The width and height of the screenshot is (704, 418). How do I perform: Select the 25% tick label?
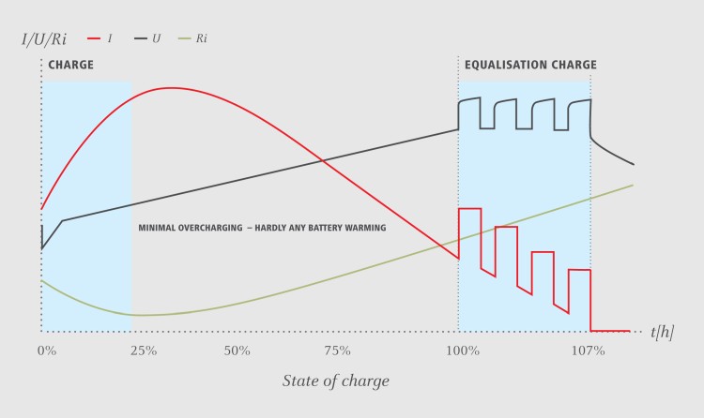143,351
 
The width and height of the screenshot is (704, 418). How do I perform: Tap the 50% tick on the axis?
237,351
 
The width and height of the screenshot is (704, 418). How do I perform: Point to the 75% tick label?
336,351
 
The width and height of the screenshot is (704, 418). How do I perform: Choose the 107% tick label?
588,351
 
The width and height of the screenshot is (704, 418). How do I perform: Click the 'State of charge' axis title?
335,381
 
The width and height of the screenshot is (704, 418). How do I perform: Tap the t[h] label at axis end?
662,332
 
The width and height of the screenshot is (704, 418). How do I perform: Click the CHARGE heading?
70,66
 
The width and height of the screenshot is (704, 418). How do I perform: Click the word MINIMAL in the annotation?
157,228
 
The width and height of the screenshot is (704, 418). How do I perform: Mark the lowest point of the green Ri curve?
141,315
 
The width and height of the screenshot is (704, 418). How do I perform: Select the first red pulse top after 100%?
469,208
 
